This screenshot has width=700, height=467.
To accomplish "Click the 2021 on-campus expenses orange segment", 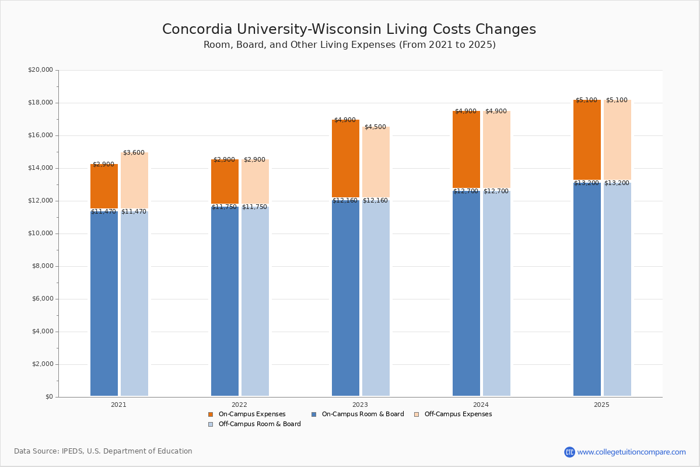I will [x=104, y=187].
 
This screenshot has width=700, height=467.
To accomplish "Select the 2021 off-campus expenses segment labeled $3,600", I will [x=134, y=181].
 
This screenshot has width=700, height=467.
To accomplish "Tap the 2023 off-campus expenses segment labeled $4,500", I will [x=376, y=162].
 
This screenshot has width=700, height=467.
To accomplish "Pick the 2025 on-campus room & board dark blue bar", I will [x=587, y=289].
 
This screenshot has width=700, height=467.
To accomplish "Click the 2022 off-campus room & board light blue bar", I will [x=255, y=301].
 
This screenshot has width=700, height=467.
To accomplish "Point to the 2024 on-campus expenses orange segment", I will [x=466, y=149].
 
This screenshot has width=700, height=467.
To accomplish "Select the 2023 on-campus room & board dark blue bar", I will [x=345, y=298].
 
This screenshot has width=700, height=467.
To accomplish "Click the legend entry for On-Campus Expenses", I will [x=247, y=414].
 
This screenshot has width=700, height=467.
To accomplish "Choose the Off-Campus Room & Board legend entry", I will [x=254, y=424].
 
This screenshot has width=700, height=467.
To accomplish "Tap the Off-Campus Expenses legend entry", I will [x=453, y=414].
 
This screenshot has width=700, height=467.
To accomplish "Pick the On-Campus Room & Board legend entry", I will [x=357, y=414].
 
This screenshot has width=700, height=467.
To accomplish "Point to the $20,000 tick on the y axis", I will [x=40, y=70].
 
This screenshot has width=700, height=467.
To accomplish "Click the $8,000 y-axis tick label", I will [x=42, y=266].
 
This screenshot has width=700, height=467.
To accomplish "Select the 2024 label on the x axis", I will [x=481, y=405].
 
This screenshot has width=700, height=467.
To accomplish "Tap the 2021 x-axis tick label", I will [x=118, y=405].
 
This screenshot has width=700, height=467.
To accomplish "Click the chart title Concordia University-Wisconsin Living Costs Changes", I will [x=349, y=30].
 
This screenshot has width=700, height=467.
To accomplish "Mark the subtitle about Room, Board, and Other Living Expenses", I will [x=349, y=45].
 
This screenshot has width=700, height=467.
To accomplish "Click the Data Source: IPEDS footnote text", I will [x=103, y=451].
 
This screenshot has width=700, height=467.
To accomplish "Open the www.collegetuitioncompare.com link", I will [x=631, y=452].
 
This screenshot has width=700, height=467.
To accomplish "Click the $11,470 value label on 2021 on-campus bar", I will [x=103, y=212].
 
